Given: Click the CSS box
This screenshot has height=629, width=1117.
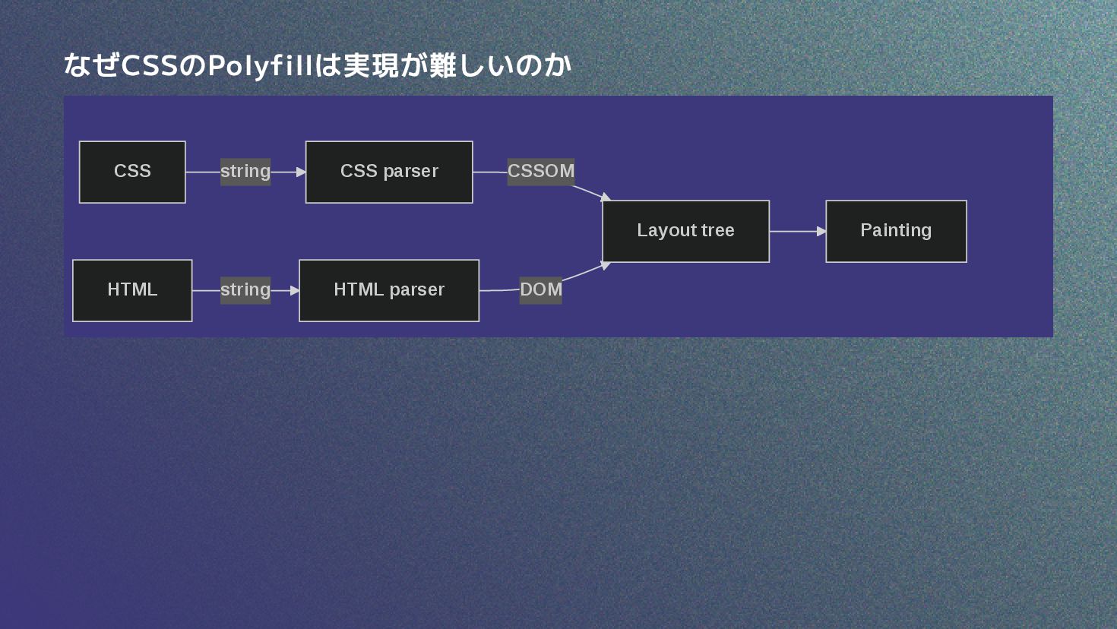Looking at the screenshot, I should (132, 172).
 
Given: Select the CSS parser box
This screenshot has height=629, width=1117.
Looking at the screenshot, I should (389, 172).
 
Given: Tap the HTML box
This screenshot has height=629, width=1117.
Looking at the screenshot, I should (132, 290).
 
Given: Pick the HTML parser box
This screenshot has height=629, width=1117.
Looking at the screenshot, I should (389, 290).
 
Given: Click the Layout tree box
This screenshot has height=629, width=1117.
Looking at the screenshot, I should (685, 231).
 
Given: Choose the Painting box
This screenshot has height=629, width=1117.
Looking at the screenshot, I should (896, 231).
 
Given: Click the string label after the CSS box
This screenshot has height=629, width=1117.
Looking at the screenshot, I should (245, 172).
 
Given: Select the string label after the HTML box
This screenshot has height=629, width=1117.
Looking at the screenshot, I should (245, 290).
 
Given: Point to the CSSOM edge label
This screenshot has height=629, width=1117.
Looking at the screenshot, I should (541, 172).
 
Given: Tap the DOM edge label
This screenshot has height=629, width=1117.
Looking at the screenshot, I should (541, 290).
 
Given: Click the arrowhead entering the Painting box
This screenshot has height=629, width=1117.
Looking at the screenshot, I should (821, 231).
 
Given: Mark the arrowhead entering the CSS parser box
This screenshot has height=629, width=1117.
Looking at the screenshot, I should (301, 172).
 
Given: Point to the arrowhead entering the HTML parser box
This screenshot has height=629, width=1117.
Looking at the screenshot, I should (295, 290).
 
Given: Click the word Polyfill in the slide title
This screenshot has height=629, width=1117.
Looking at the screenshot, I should (261, 66).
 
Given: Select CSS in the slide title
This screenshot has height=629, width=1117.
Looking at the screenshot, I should (149, 66).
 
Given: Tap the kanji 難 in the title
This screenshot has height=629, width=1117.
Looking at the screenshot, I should (442, 66).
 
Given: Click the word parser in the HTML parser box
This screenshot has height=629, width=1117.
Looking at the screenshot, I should (416, 290).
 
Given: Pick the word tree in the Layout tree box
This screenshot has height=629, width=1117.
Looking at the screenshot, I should (718, 231).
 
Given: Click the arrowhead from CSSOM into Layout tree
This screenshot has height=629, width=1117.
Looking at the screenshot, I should (605, 198).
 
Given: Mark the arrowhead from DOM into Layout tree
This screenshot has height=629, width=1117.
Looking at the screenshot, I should (605, 265).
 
